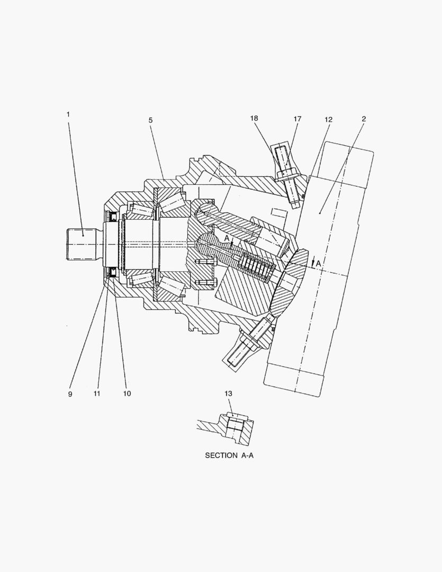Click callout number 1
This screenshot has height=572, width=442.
(68, 114)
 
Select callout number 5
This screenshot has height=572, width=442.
(150, 120)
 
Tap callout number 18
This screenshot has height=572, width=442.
(254, 119)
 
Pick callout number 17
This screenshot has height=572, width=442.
(297, 120)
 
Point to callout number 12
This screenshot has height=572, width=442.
(328, 120)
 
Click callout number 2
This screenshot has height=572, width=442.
(364, 119)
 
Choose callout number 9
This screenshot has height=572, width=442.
(70, 394)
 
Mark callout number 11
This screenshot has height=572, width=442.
(97, 394)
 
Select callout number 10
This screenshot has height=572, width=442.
(127, 394)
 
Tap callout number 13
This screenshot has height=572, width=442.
(228, 394)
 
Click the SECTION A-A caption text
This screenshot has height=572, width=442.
(229, 455)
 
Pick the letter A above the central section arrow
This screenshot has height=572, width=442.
(227, 239)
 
